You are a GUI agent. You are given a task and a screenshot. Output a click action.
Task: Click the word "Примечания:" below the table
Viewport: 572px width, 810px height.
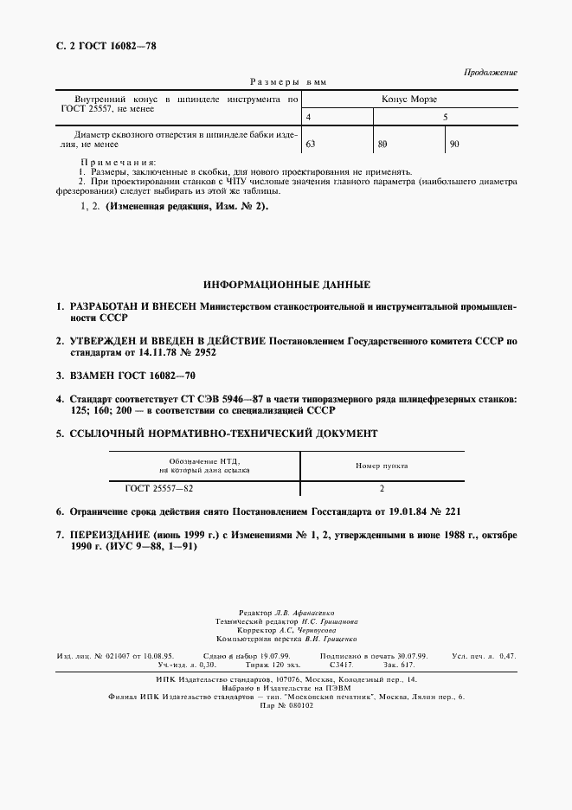pos(118,163)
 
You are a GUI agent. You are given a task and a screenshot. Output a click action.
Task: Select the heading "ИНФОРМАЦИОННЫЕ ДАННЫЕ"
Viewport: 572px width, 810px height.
pos(286,284)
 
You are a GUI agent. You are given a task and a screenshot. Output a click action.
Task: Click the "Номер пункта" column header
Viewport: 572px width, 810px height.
pos(382,466)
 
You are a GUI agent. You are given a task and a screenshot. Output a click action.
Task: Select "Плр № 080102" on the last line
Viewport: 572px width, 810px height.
pos(286,705)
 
